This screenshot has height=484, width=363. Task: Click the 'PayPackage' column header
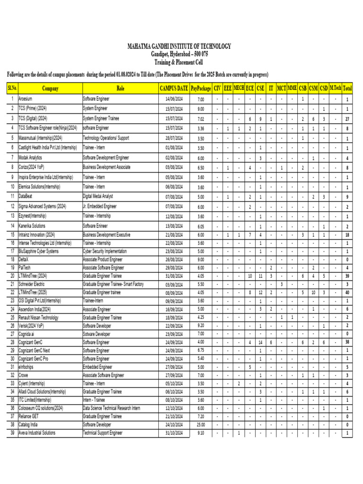click(x=201, y=88)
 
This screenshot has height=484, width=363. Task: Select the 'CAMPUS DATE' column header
click(x=174, y=88)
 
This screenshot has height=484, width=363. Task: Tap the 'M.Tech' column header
click(x=336, y=88)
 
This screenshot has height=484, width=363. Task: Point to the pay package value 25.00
click(x=201, y=425)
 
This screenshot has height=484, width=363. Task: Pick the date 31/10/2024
click(x=174, y=433)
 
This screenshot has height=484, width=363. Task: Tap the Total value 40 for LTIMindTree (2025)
click(x=347, y=292)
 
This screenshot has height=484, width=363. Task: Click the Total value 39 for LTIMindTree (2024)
click(x=347, y=276)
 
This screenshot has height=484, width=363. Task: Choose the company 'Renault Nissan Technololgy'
click(x=38, y=318)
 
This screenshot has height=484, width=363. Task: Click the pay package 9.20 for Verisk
click(x=201, y=326)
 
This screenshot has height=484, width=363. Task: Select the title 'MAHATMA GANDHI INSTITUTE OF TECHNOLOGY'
click(x=180, y=46)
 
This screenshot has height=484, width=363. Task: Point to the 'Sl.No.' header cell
click(x=11, y=88)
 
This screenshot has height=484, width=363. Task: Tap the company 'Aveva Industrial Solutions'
click(x=37, y=433)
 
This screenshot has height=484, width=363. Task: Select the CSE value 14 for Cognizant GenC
click(x=260, y=342)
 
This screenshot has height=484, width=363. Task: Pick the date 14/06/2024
click(x=174, y=100)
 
